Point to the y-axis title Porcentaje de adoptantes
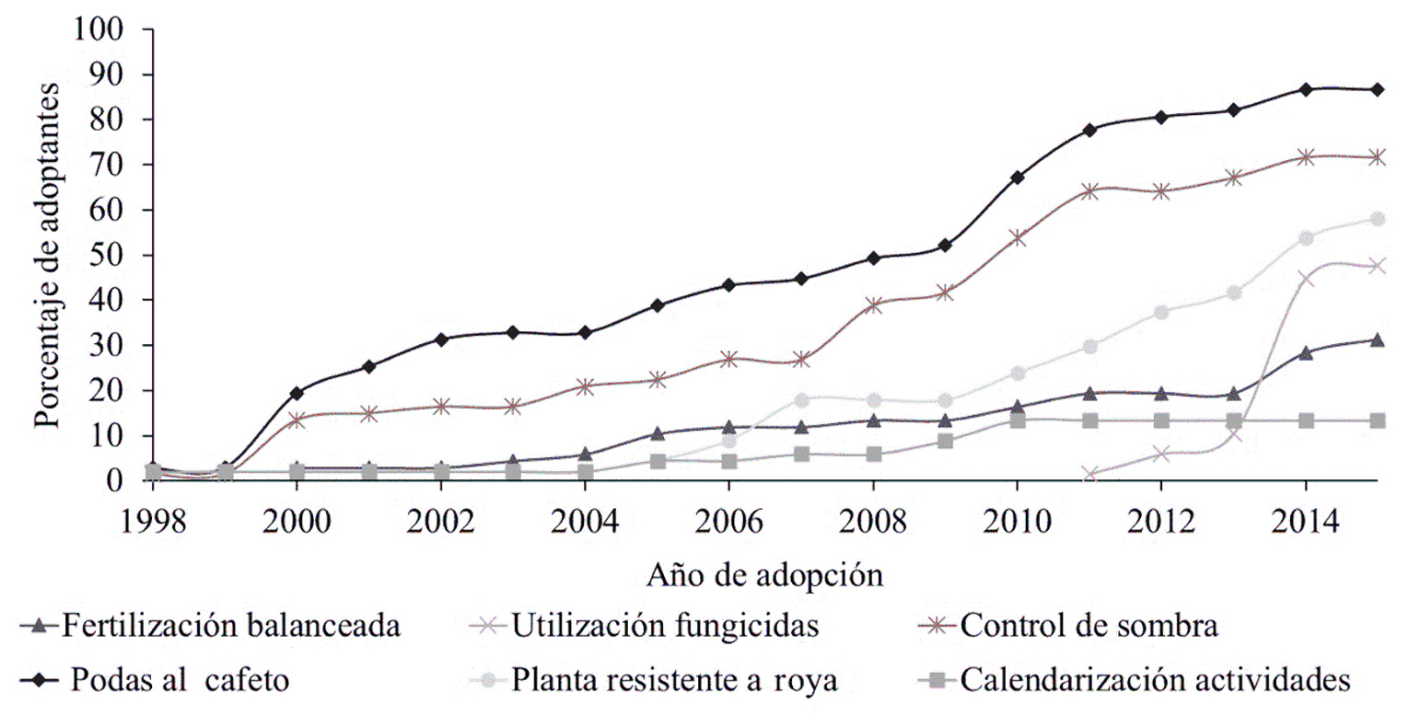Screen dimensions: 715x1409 coord(46,254)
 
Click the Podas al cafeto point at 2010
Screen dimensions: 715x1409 coord(1018,178)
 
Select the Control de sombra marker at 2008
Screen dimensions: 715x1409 coord(873,306)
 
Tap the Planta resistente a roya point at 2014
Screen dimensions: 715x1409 coord(1306,237)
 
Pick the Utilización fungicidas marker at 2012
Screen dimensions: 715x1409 coord(1161,454)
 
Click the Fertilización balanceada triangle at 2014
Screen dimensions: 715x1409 coord(1306,352)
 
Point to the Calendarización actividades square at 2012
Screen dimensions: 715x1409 coord(1161,421)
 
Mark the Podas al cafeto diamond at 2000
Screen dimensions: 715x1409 coord(297,393)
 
